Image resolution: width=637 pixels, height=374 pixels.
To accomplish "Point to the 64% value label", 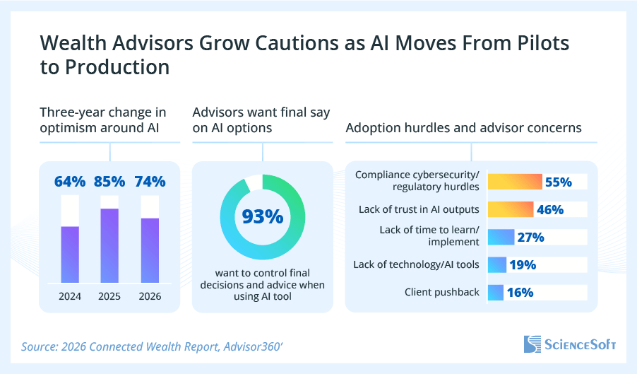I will click(x=70, y=182).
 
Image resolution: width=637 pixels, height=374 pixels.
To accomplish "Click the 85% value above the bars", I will click(x=109, y=182).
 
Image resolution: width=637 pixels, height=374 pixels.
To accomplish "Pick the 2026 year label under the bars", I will click(x=150, y=296).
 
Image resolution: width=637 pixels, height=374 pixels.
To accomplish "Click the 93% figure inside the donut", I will click(x=263, y=216).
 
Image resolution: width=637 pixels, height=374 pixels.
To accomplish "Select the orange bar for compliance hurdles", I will click(x=515, y=182).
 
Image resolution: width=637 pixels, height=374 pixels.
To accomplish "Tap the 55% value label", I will click(x=558, y=182).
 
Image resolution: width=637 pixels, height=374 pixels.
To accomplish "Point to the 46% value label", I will click(x=549, y=209).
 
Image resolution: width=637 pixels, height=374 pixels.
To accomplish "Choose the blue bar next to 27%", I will click(x=501, y=237).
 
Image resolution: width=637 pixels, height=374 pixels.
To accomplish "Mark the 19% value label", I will click(x=523, y=265).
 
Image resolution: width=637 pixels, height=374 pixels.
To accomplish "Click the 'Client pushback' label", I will click(x=442, y=292).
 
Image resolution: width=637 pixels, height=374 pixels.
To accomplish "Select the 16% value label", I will click(x=519, y=292).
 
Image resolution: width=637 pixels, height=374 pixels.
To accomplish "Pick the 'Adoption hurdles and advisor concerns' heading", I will click(x=463, y=128).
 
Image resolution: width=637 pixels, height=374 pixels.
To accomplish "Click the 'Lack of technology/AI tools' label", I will click(x=417, y=265).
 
